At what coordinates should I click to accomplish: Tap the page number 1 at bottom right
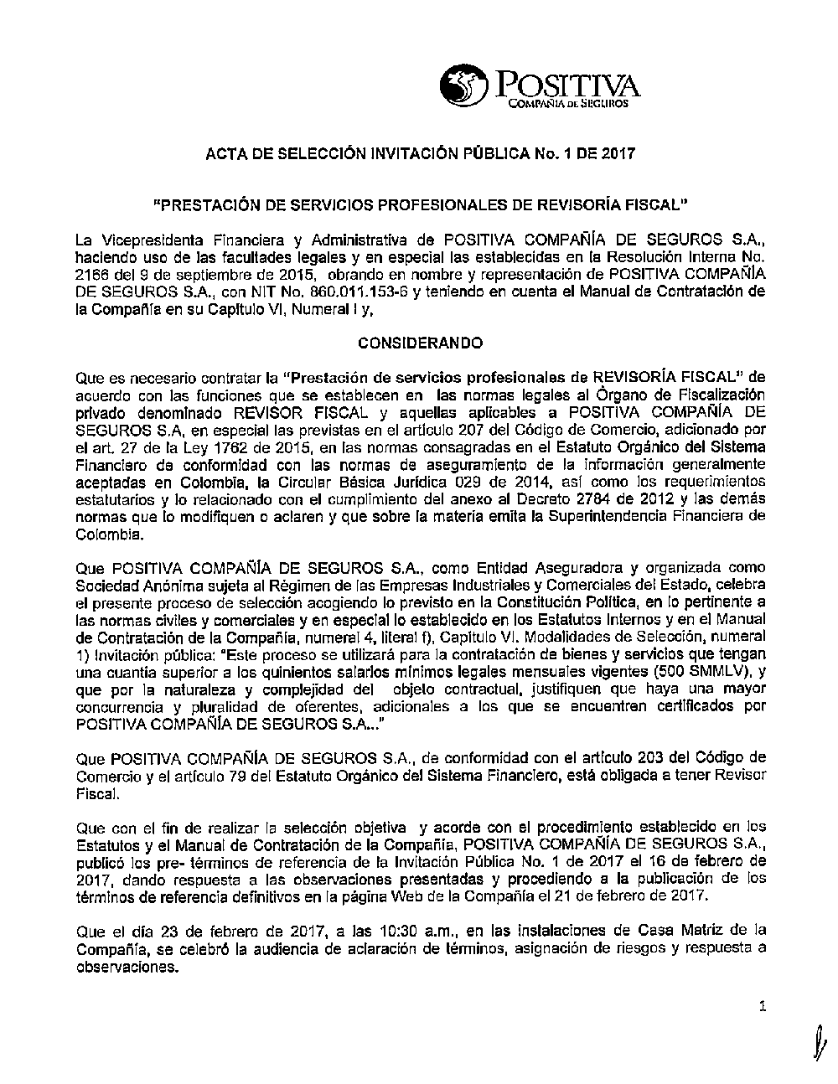coord(762,1007)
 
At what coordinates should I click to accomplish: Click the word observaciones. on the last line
coord(127,965)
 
